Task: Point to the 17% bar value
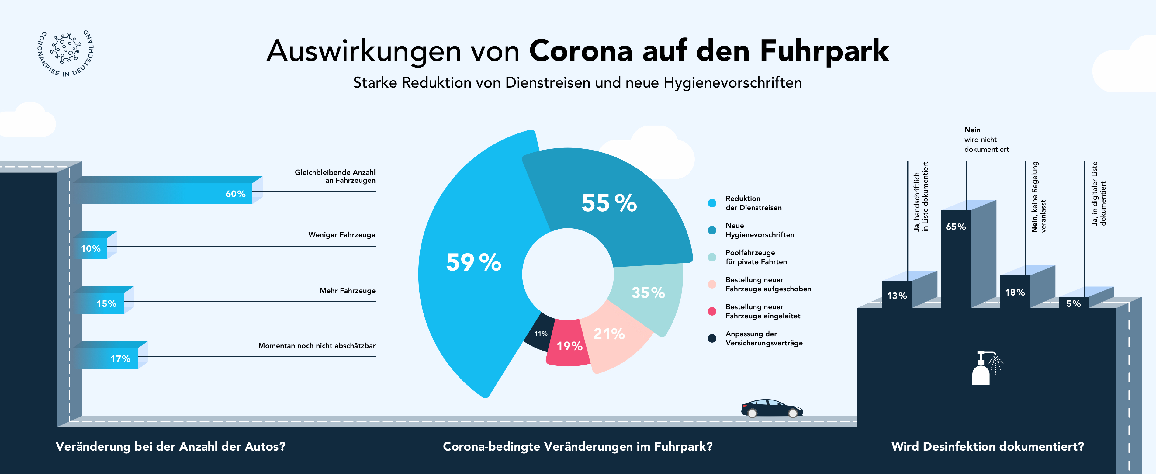[120, 359]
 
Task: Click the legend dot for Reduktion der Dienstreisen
[712, 203]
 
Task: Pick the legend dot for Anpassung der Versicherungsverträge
[712, 338]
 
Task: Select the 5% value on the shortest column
[1073, 304]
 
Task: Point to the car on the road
[771, 408]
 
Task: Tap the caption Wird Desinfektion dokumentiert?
[987, 447]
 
